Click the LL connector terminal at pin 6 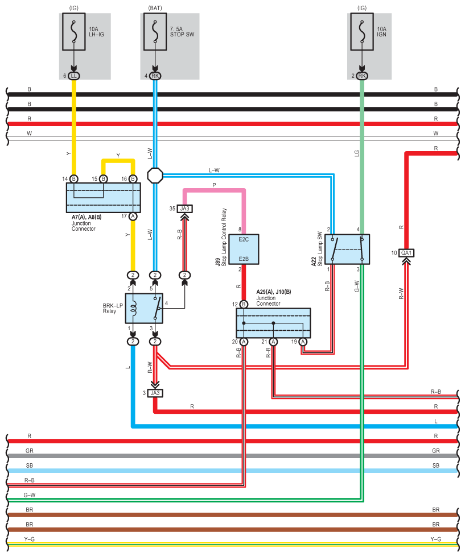click(73, 76)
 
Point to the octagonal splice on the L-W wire click(154, 175)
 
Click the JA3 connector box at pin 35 click(184, 209)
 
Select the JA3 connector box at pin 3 click(155, 393)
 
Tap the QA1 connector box click(406, 253)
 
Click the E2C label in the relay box click(244, 239)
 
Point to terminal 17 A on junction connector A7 click(133, 216)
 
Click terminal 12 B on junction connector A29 click(244, 305)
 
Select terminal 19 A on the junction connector click(303, 342)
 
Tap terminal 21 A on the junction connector click(273, 342)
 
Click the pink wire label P click(214, 185)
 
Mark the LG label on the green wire click(357, 153)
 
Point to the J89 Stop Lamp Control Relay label click(221, 239)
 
